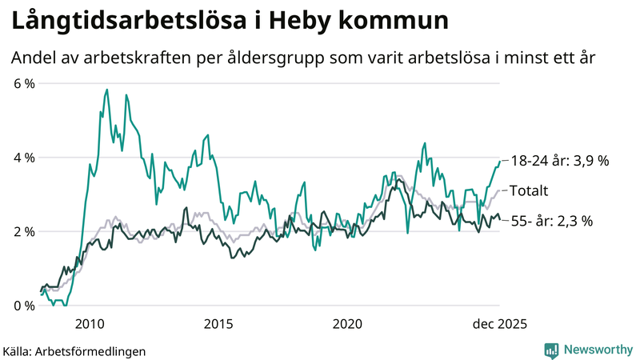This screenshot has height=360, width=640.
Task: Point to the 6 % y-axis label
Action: click(x=24, y=84)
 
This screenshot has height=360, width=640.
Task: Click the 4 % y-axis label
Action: click(x=24, y=158)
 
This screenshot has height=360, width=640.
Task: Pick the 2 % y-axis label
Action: click(x=24, y=231)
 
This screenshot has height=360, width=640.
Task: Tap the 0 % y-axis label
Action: click(x=24, y=305)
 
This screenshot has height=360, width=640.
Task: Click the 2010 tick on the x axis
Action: click(x=90, y=323)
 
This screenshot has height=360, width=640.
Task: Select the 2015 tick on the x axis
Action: click(x=218, y=323)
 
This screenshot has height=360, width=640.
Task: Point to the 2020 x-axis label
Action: click(x=347, y=323)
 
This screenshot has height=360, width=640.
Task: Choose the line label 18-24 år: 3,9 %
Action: click(x=559, y=160)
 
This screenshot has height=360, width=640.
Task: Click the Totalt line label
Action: click(x=529, y=190)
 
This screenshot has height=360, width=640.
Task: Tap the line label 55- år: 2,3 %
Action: click(x=551, y=221)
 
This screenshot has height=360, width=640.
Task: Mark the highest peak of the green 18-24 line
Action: click(x=107, y=90)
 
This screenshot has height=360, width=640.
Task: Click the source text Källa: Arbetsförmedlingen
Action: click(x=74, y=350)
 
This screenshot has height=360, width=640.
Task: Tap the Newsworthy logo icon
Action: click(x=551, y=350)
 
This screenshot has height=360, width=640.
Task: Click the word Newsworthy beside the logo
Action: click(x=598, y=350)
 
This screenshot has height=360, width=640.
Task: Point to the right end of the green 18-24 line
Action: click(x=500, y=161)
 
